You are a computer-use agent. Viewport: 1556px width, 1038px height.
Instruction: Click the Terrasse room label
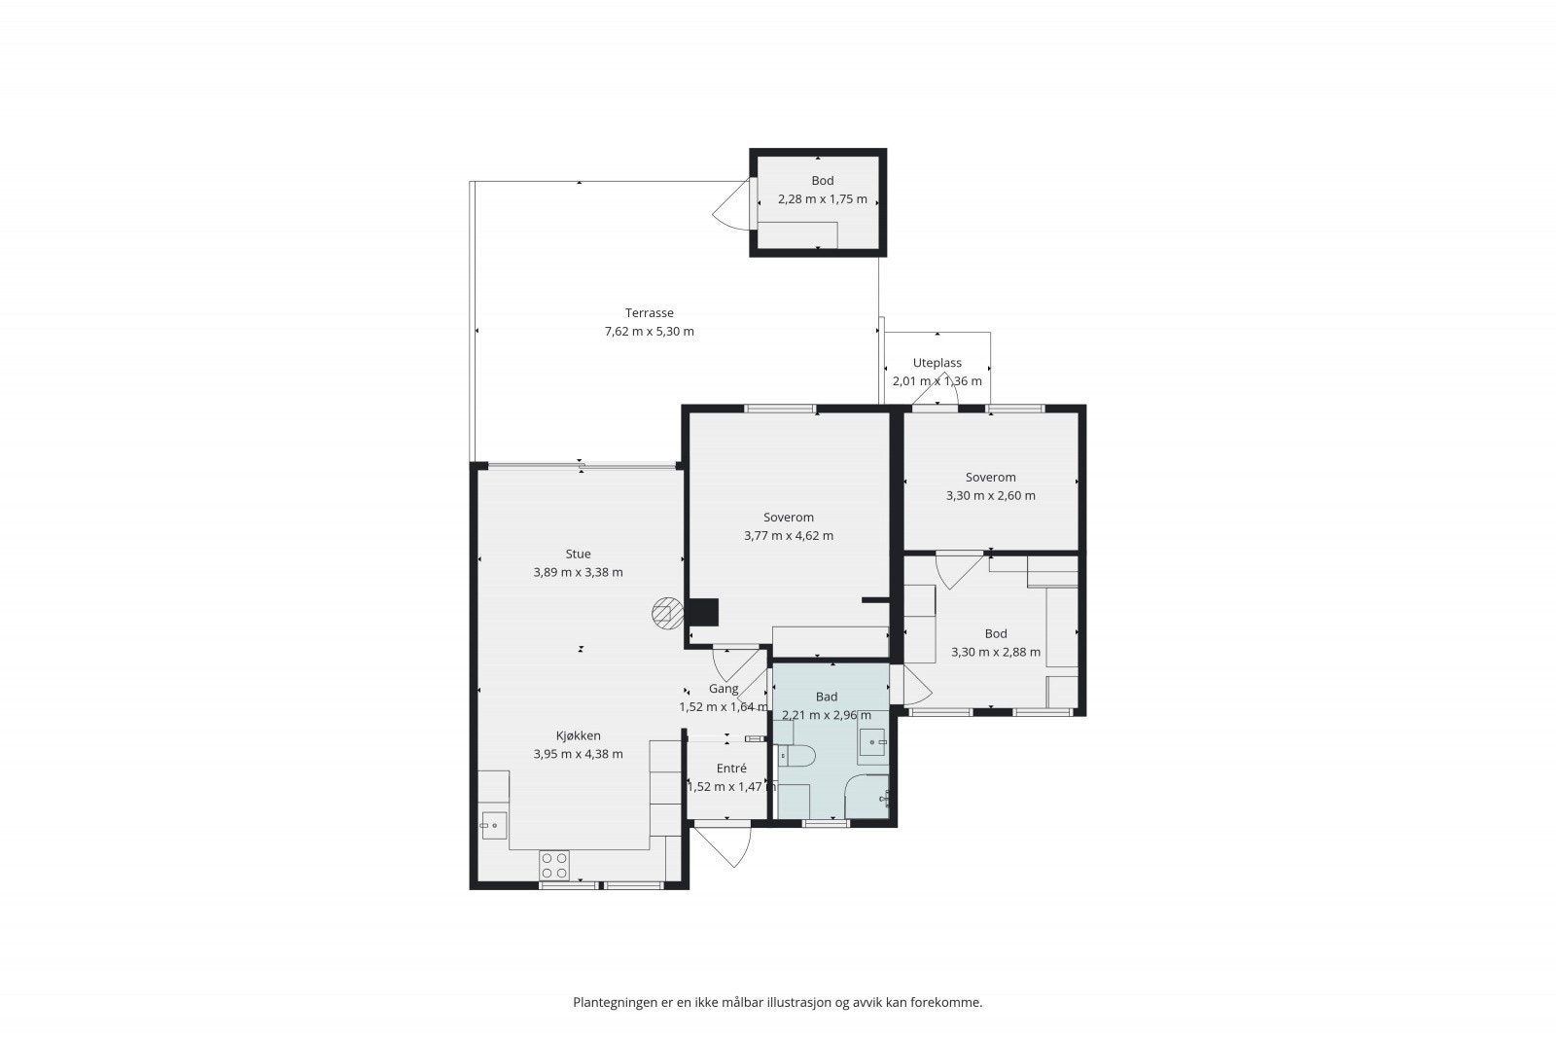click(x=649, y=312)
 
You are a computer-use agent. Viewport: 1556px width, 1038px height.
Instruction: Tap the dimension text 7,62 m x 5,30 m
click(x=649, y=332)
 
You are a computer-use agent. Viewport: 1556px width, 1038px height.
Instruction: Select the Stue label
click(x=578, y=554)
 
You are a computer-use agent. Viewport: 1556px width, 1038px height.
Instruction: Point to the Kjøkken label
click(x=578, y=735)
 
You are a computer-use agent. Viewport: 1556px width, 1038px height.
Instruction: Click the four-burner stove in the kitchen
click(x=554, y=866)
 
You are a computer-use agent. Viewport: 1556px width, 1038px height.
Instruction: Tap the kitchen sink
click(x=494, y=825)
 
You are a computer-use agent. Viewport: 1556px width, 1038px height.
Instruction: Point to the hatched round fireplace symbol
click(x=667, y=614)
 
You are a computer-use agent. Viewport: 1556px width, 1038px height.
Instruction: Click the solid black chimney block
click(x=703, y=613)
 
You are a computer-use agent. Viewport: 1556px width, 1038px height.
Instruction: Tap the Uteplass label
click(x=937, y=363)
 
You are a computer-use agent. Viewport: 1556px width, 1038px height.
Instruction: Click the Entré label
click(x=731, y=769)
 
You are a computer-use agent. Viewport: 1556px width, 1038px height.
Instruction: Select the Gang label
click(x=724, y=689)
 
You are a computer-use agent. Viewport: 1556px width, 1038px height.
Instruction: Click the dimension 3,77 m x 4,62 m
click(x=789, y=536)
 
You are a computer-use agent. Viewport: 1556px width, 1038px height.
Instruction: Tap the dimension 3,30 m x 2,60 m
click(x=991, y=495)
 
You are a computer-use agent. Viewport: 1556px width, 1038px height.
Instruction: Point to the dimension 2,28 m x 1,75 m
click(x=823, y=198)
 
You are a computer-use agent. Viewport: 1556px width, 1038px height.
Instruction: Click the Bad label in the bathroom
click(x=827, y=697)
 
